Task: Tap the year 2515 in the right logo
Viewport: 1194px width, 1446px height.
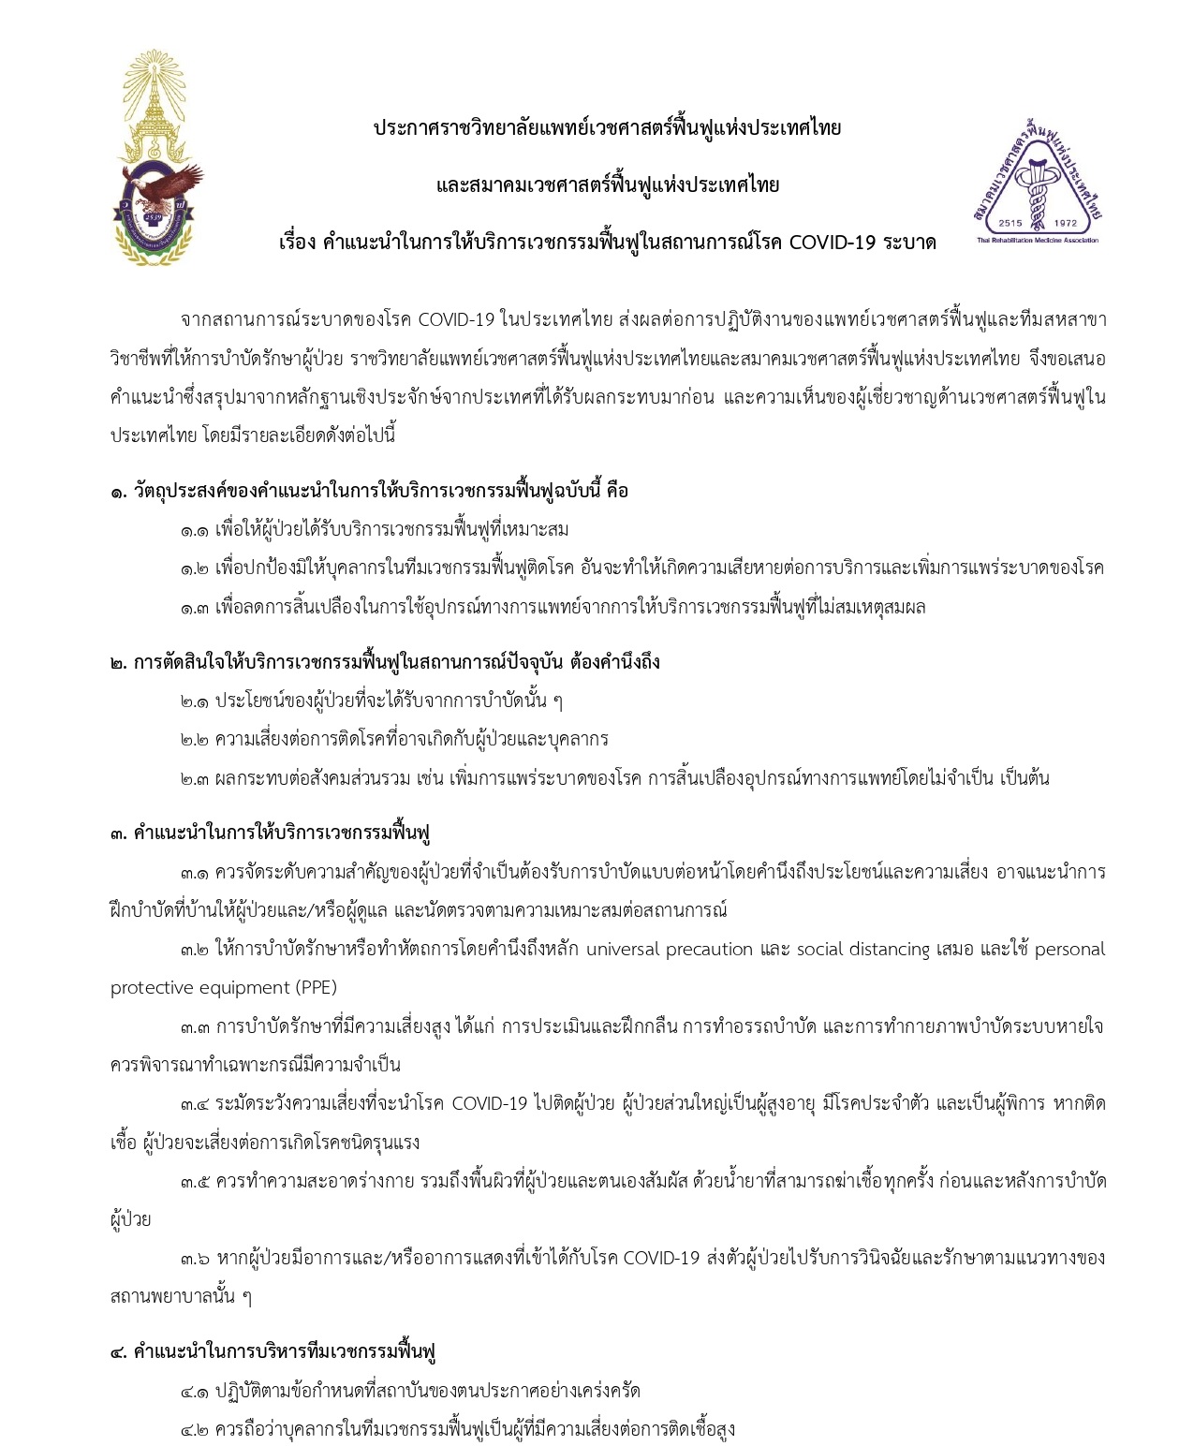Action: coord(1010,223)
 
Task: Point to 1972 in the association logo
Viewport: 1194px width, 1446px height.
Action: coord(1065,223)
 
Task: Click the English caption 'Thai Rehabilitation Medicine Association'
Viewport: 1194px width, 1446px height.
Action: coord(1037,241)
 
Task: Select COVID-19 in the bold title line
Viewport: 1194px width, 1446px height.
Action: coord(833,243)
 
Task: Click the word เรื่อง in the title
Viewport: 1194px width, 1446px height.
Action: coord(297,243)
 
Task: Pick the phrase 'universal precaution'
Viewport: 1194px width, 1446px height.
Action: coord(670,950)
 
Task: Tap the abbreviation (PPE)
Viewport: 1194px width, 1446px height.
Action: coord(317,988)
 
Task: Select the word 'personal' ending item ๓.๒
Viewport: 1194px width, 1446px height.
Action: coord(1069,950)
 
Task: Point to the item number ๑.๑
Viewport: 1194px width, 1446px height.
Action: coord(194,530)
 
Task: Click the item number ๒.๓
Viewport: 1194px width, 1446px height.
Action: coord(194,778)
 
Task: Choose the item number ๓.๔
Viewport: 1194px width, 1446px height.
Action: coord(194,1104)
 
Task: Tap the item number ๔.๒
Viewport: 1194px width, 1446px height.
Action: coord(194,1429)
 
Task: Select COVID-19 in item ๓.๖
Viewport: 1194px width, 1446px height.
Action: coord(661,1258)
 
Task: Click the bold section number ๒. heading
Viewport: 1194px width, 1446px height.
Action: coord(118,663)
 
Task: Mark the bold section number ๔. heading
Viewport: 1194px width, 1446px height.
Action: coord(118,1352)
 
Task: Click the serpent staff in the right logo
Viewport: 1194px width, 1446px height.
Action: coord(1037,187)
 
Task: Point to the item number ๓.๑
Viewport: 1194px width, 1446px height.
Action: coord(194,873)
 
